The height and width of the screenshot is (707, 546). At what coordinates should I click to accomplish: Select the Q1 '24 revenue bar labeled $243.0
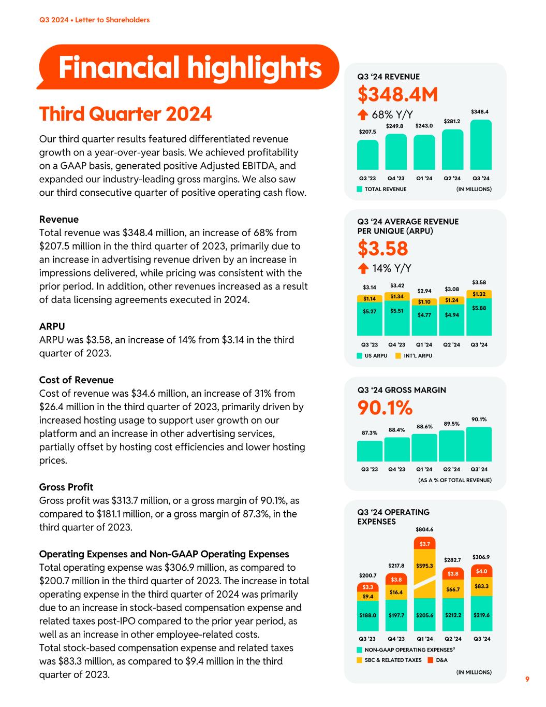point(424,153)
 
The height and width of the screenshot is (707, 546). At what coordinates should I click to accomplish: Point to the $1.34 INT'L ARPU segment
point(396,296)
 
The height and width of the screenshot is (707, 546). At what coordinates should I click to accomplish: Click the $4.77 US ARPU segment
point(424,314)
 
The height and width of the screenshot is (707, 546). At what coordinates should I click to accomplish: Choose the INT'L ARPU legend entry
point(414,356)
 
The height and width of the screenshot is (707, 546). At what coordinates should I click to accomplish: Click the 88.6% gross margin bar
point(424,448)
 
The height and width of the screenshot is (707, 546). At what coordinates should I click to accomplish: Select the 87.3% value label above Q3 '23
point(369,432)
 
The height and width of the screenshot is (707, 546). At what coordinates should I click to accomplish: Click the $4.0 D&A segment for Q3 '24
point(480,571)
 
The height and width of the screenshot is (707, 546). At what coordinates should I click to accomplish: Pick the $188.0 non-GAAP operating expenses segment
point(368,615)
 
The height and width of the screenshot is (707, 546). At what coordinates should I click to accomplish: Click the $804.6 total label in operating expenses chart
point(424,529)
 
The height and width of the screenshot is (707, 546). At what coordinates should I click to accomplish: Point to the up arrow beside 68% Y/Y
point(363,114)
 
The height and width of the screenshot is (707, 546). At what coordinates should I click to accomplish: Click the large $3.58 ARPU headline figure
point(382,249)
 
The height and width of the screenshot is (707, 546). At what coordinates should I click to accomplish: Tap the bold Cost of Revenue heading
point(76,380)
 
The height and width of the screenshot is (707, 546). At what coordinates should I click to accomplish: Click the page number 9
point(527,679)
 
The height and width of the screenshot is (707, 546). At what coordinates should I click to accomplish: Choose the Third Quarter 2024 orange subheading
point(125,114)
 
